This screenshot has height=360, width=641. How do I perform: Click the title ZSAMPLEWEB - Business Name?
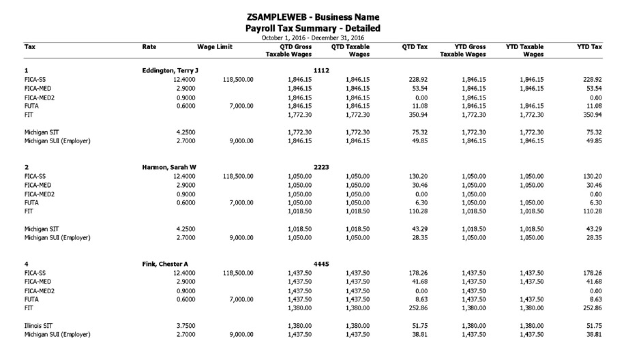click(x=312, y=16)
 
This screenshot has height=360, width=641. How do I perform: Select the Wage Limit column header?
click(x=215, y=47)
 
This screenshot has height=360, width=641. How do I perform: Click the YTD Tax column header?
click(x=589, y=47)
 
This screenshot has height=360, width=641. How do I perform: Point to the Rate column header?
click(x=149, y=47)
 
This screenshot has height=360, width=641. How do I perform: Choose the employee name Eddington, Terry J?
click(x=170, y=70)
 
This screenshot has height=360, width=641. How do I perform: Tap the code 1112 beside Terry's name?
click(x=322, y=70)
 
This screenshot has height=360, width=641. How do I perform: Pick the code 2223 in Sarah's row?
click(x=322, y=167)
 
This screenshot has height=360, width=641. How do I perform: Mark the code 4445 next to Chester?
click(x=322, y=264)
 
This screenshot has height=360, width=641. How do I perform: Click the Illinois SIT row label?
click(x=40, y=326)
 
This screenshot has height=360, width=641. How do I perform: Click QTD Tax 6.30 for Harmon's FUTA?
click(x=421, y=202)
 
